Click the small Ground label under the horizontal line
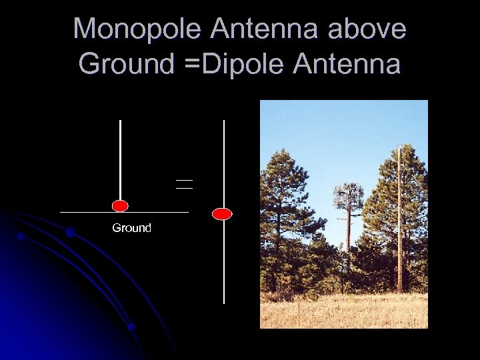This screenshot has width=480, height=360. pyautogui.click(x=131, y=228)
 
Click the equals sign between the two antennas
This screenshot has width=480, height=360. pyautogui.click(x=184, y=184)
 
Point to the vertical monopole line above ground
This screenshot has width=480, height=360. pyautogui.click(x=120, y=160)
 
